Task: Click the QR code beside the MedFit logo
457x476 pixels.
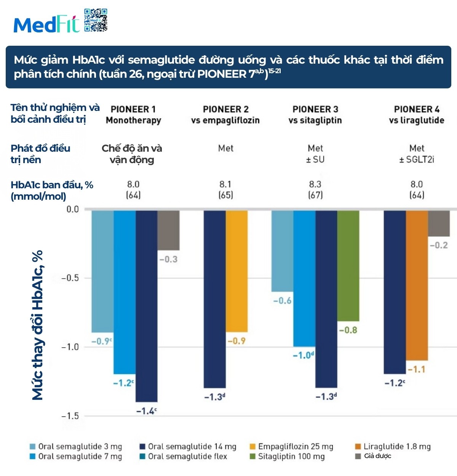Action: [96, 20]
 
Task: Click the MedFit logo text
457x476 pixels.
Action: [46, 25]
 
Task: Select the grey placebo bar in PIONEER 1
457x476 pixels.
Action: [169, 230]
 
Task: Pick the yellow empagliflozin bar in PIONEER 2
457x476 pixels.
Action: [237, 271]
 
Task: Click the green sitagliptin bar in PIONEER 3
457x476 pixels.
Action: [348, 266]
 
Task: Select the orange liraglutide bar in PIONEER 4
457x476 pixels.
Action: [417, 285]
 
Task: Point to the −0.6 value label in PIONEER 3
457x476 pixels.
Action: [282, 301]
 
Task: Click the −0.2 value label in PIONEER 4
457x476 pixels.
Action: [439, 245]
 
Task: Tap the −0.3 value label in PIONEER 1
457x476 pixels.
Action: [168, 259]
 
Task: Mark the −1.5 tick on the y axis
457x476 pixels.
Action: [70, 416]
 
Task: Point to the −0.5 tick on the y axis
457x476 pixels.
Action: [70, 278]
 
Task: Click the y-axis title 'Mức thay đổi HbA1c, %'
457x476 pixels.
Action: [37, 325]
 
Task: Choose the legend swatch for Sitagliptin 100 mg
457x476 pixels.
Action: [252, 457]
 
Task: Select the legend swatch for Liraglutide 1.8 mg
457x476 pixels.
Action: [358, 447]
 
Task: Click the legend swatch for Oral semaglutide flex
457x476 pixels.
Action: [142, 457]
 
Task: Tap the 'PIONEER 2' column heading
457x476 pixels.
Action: [225, 109]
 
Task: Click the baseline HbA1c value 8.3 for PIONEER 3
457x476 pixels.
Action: [315, 184]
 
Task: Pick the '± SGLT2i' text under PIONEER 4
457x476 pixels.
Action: [417, 159]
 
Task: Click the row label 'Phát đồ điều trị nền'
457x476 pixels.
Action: [40, 154]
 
